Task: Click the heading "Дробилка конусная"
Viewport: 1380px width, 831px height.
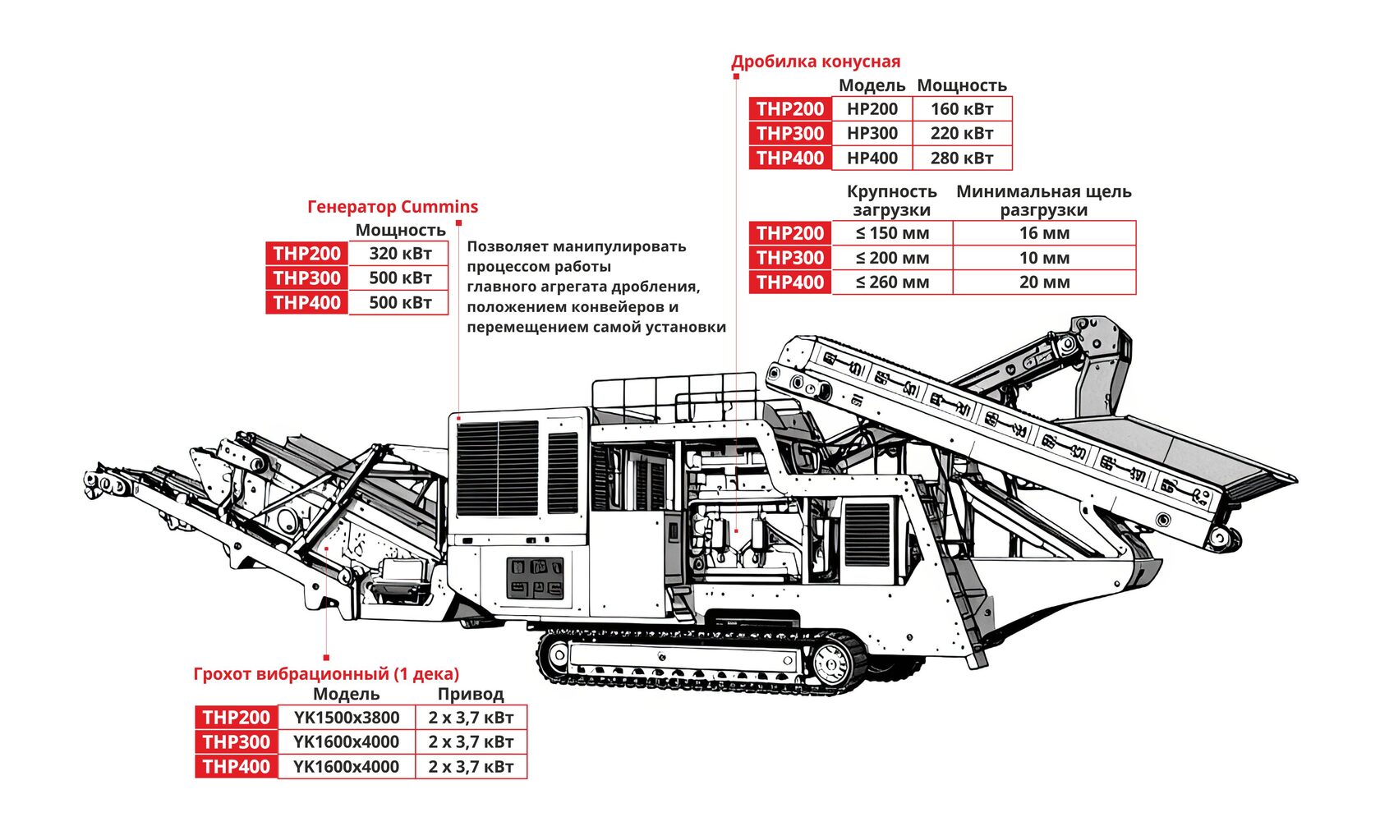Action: coord(815,62)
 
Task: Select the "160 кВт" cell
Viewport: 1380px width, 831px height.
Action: coord(961,109)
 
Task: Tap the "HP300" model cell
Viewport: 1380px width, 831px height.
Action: coord(872,134)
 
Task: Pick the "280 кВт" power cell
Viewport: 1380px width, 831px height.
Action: coord(961,158)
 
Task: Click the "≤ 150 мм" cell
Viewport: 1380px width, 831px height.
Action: coord(892,233)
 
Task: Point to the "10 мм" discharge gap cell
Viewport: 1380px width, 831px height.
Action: coord(1044,258)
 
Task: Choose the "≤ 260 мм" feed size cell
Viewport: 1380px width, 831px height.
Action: coord(892,282)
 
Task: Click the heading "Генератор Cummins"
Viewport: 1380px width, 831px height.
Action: coord(392,207)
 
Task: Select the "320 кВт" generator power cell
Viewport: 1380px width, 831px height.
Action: coord(400,254)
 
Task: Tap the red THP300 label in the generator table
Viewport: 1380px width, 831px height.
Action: coord(306,278)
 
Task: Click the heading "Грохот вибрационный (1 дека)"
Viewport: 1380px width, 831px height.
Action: coord(326,674)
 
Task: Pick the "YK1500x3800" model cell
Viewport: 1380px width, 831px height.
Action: coord(347,718)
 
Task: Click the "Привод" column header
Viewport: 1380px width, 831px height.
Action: coord(470,695)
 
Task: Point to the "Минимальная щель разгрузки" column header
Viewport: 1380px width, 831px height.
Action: coord(1043,200)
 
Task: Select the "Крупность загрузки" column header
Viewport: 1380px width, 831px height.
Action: coord(891,200)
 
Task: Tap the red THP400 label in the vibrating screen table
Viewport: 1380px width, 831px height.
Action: coord(236,767)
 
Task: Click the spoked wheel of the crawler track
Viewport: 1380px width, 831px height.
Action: coord(830,660)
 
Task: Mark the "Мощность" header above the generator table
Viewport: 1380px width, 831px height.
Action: coord(400,231)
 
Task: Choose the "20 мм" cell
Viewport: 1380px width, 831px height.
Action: coord(1044,282)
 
